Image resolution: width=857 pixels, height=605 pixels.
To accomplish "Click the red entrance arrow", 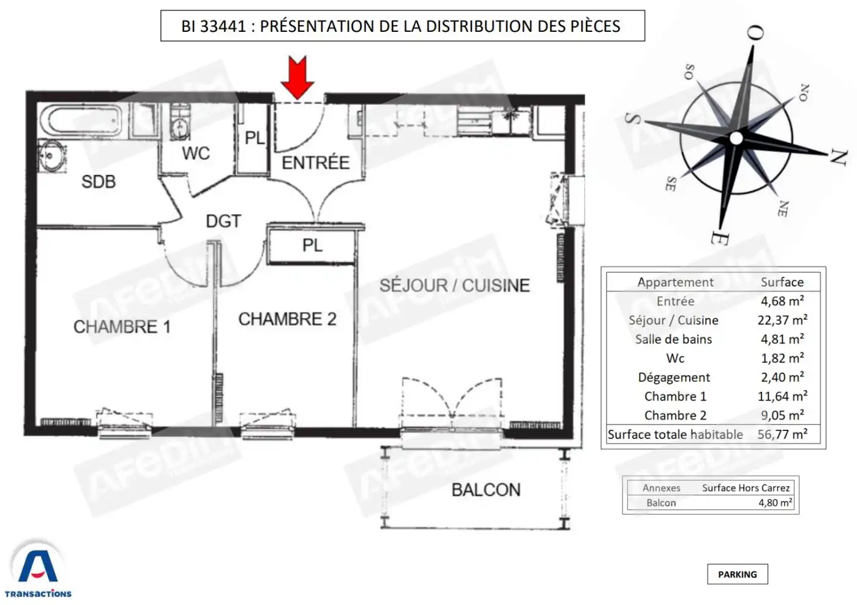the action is click(298, 77).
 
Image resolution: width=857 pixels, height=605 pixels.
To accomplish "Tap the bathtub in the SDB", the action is click(81, 121).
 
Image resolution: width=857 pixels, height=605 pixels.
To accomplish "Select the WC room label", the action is click(196, 154).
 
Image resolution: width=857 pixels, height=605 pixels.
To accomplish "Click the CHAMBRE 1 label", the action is click(122, 327).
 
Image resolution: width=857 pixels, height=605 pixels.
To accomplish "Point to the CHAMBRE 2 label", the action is click(287, 319).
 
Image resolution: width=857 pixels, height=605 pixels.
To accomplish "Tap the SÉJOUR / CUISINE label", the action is click(454, 285).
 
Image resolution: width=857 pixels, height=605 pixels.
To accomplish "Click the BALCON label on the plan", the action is click(486, 490).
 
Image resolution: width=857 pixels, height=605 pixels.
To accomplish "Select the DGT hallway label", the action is click(224, 221).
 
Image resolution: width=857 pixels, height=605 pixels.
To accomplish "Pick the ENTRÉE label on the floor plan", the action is click(316, 163).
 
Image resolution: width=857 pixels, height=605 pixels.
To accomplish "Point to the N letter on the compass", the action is click(839, 157).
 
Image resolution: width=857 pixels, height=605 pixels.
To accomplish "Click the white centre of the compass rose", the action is click(736, 138).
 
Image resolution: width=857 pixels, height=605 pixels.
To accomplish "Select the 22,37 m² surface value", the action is click(782, 320).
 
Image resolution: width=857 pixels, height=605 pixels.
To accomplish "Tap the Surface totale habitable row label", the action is click(675, 434).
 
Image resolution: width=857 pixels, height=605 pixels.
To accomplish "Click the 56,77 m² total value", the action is click(782, 434).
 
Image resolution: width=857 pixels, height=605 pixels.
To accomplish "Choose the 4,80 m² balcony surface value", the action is click(775, 503).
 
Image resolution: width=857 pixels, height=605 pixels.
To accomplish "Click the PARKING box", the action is click(737, 574).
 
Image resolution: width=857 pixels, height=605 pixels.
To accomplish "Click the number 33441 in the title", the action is click(223, 26).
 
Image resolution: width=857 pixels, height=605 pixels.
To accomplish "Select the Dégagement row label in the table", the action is click(674, 377).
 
